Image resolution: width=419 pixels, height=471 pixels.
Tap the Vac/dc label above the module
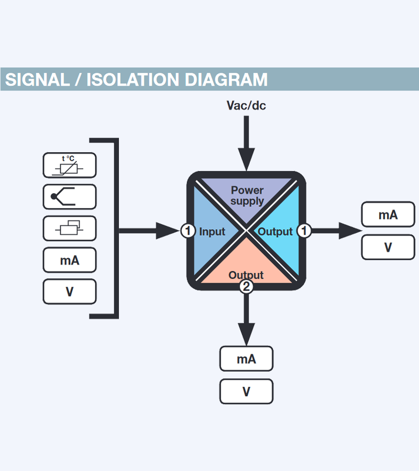pyautogui.click(x=246, y=106)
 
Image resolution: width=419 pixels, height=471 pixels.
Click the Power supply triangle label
pyautogui.click(x=247, y=195)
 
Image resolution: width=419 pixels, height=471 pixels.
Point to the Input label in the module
pyautogui.click(x=212, y=231)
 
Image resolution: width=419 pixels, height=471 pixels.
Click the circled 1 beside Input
pyautogui.click(x=188, y=230)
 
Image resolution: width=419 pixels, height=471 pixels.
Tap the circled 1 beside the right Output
pyautogui.click(x=304, y=230)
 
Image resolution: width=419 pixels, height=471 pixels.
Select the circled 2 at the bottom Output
pyautogui.click(x=246, y=287)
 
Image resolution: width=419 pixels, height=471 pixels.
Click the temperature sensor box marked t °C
pyautogui.click(x=70, y=165)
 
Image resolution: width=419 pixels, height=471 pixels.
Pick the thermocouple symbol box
pyautogui.click(x=70, y=197)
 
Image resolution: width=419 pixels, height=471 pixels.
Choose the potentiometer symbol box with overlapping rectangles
pyautogui.click(x=70, y=228)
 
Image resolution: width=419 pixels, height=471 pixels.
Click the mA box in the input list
pyautogui.click(x=70, y=260)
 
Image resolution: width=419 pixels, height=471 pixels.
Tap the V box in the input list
pyautogui.click(x=70, y=291)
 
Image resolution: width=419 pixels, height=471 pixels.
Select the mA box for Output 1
pyautogui.click(x=388, y=215)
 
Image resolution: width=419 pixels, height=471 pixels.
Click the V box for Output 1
pyautogui.click(x=388, y=247)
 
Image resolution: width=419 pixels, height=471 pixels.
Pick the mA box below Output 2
pyautogui.click(x=246, y=359)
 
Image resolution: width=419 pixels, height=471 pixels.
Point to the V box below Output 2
pyautogui.click(x=246, y=391)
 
